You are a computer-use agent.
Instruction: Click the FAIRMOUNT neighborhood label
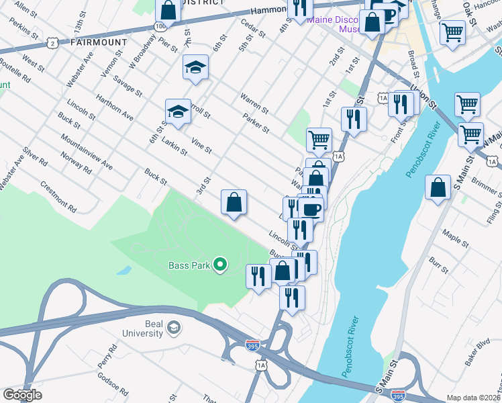coord(98,42)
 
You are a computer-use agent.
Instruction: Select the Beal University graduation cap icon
coord(174,327)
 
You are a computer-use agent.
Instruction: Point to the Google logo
coord(22,394)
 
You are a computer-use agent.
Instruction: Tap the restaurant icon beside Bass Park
coord(258,275)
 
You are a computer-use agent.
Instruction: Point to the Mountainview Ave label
coord(86,151)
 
